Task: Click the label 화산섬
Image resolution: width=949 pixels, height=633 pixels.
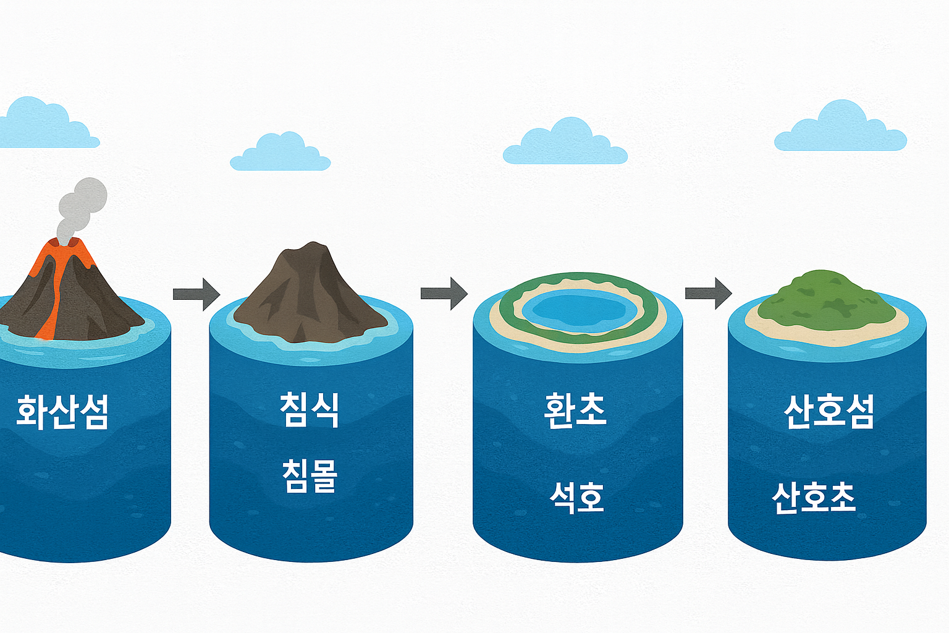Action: [x=62, y=412]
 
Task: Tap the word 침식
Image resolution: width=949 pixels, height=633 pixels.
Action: [x=309, y=409]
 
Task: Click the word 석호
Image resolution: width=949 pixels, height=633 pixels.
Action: [x=576, y=497]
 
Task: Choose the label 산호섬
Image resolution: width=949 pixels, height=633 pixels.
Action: [x=829, y=411]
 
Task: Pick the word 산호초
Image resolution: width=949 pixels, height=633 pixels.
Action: [x=814, y=497]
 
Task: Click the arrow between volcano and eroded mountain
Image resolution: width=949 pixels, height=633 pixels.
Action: [x=196, y=293]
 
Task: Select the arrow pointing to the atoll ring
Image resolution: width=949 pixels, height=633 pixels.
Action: [x=444, y=293]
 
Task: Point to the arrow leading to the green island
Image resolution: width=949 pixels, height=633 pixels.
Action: [x=708, y=293]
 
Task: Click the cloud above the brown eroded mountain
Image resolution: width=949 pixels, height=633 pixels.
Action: [x=280, y=154]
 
